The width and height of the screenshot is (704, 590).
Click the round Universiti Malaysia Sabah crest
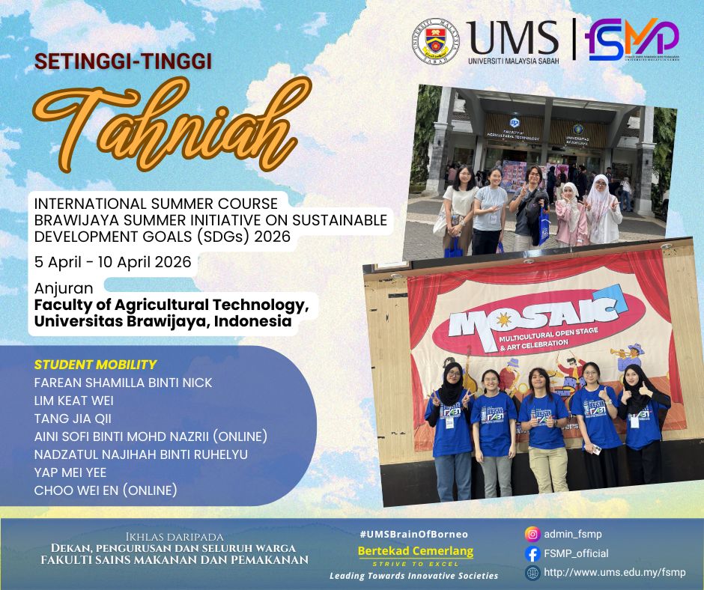point(434,40)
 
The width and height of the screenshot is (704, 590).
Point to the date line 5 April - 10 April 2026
point(113,262)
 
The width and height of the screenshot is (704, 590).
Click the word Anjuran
point(64,288)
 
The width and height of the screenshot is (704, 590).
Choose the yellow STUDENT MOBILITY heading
point(95,365)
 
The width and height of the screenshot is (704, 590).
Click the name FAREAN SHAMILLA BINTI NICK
point(124,383)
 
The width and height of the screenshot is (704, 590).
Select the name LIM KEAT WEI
point(74,401)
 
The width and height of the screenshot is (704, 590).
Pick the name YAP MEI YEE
point(70,472)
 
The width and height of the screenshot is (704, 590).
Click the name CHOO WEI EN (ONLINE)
point(106,490)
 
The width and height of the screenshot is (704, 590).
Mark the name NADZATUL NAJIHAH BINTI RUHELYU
point(141,454)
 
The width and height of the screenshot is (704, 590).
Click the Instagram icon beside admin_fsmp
point(532,535)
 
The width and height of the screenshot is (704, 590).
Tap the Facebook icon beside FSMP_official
point(532,554)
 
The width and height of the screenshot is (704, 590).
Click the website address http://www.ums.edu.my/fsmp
point(614,573)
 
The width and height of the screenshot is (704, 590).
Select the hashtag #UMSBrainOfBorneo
point(413,534)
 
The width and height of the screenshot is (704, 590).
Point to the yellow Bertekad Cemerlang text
point(416,552)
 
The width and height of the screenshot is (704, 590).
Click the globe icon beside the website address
point(532,573)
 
